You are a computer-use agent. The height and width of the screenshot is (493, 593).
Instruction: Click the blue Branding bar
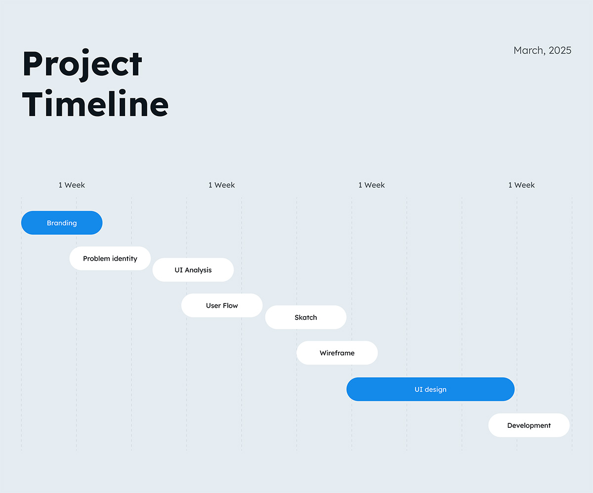(62, 223)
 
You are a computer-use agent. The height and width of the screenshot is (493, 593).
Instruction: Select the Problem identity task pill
(110, 258)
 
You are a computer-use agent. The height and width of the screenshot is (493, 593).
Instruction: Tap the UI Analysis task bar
(193, 270)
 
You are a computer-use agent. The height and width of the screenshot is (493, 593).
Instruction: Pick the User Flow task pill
(222, 306)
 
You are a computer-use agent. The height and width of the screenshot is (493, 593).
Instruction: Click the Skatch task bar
(305, 317)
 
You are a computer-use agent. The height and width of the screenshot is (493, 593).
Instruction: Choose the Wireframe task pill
(337, 353)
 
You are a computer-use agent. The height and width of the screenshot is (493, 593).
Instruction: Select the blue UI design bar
(430, 389)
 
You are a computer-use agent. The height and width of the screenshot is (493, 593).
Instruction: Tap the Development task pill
(529, 425)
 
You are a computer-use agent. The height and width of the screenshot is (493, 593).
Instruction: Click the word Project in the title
(82, 65)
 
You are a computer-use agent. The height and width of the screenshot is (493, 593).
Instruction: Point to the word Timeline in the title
(95, 103)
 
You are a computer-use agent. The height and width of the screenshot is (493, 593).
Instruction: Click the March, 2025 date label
(543, 50)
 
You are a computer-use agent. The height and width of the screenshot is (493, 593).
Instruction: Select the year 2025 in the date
(560, 50)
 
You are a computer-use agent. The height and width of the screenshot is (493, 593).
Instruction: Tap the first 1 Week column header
(72, 185)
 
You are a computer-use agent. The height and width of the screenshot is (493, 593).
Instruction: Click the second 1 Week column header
(221, 185)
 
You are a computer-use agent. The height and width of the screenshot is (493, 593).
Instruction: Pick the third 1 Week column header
(372, 185)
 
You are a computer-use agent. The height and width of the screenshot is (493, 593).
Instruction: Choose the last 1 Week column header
(521, 185)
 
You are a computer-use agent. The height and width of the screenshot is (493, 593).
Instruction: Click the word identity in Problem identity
(125, 259)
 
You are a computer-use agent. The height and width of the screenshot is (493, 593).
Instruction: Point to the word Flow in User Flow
(230, 306)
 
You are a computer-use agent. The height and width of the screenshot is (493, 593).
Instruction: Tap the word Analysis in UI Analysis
(198, 270)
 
